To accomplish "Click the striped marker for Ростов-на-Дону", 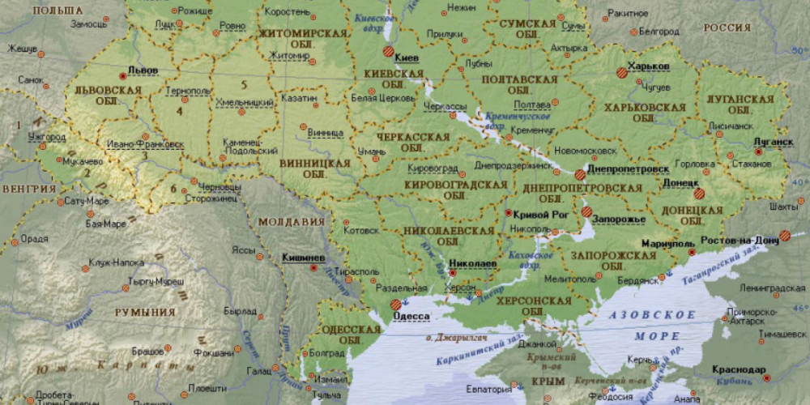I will [x=784, y=236].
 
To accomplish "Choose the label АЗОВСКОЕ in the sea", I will [x=652, y=313].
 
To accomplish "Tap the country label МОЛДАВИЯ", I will [x=292, y=221].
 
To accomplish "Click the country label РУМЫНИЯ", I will [x=145, y=312].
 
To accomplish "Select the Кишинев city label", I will [x=303, y=258].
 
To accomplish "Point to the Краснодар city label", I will [x=739, y=369].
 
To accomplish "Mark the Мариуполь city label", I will [x=667, y=243].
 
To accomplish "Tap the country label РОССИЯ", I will [x=727, y=28].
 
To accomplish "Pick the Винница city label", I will [x=326, y=132].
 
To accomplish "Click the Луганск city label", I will [x=773, y=142].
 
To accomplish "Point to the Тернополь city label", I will [x=187, y=91].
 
